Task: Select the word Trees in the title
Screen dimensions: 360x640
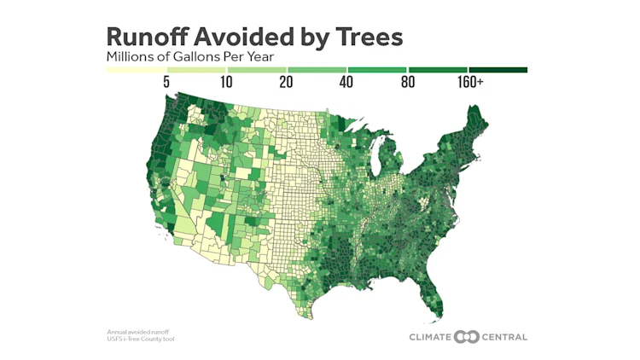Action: [x=367, y=37]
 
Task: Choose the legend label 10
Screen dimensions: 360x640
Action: [x=225, y=83]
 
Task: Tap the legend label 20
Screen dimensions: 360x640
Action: [x=286, y=83]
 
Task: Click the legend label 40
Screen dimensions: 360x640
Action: [x=346, y=83]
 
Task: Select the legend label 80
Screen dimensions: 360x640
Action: [x=407, y=83]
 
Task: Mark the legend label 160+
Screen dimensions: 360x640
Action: [x=470, y=83]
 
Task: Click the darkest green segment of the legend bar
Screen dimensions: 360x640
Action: [x=497, y=70]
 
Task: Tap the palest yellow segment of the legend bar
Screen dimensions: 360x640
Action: [x=136, y=70]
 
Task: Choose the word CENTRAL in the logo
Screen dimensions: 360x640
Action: [x=500, y=336]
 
